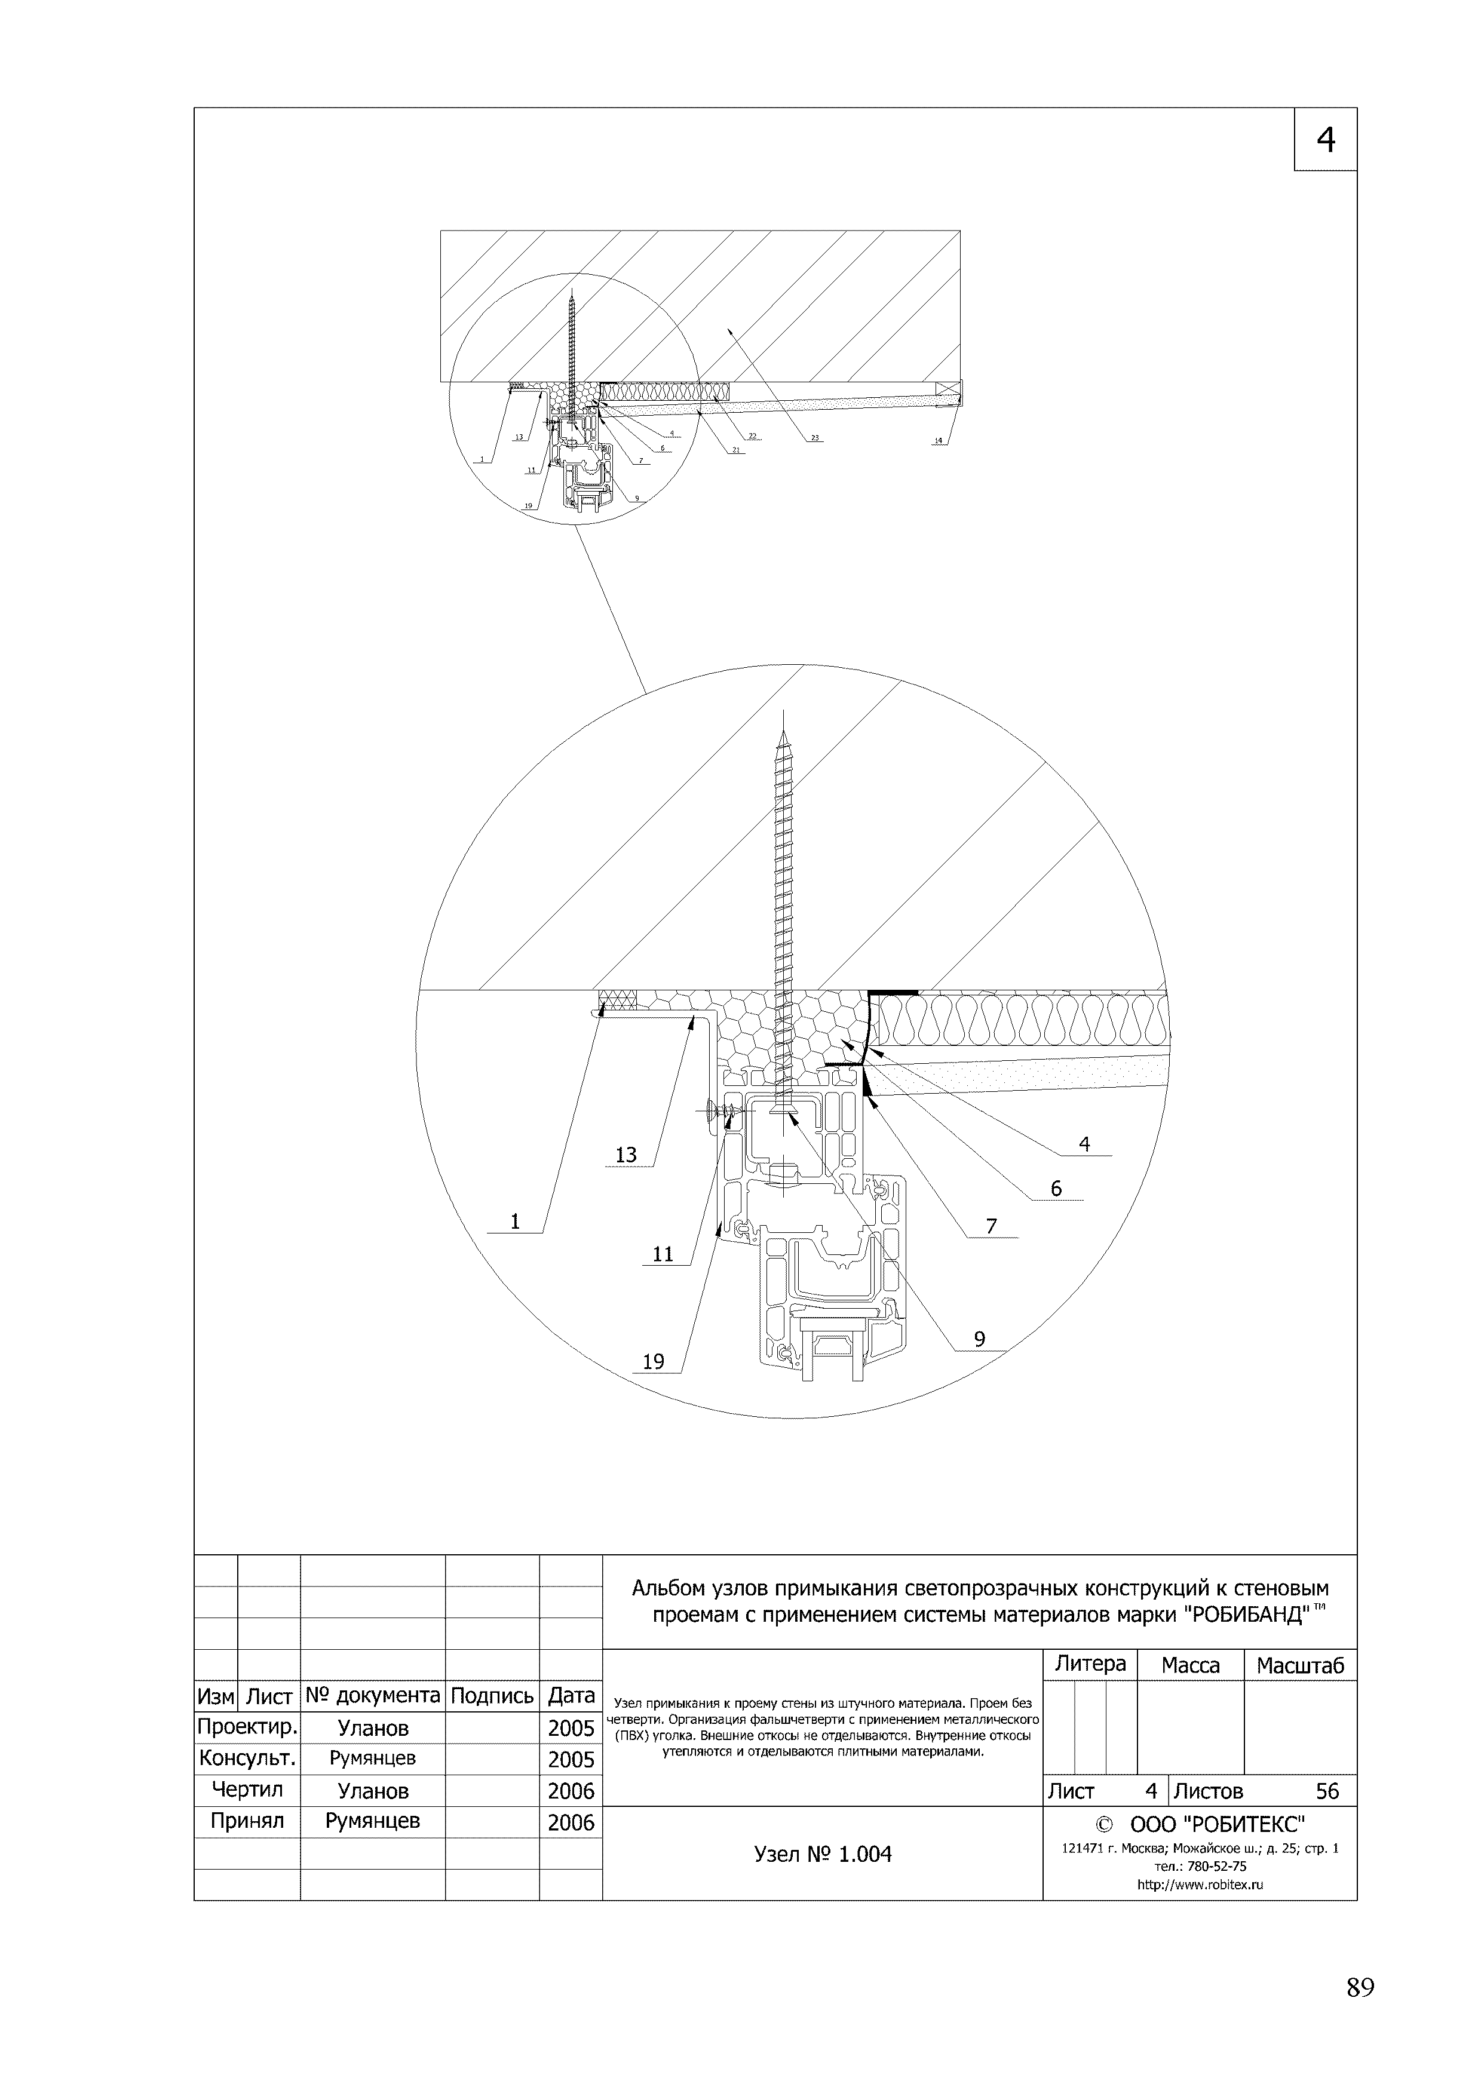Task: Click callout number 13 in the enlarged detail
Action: click(625, 1155)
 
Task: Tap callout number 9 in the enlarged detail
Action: click(979, 1339)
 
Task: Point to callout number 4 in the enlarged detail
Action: click(1084, 1144)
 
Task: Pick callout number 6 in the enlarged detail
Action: click(1056, 1188)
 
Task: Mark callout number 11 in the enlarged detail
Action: click(663, 1254)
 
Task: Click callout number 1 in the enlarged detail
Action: click(515, 1222)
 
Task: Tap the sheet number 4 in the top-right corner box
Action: click(1325, 139)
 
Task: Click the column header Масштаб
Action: click(1299, 1665)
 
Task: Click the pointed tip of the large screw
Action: click(783, 713)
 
